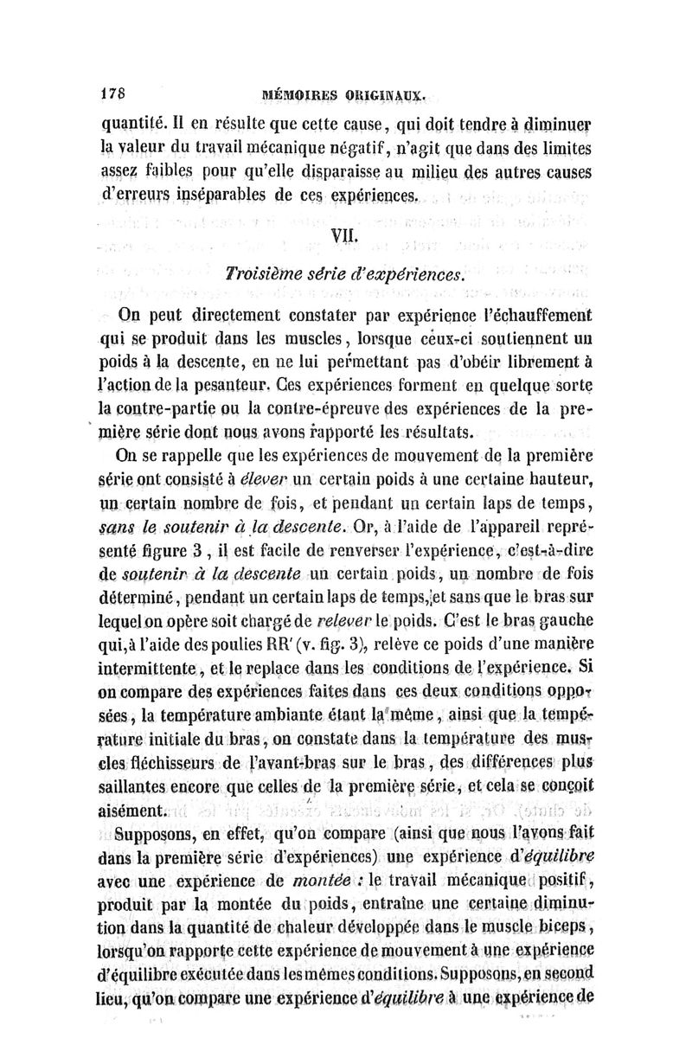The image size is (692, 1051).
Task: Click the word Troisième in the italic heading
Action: [x=264, y=275]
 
